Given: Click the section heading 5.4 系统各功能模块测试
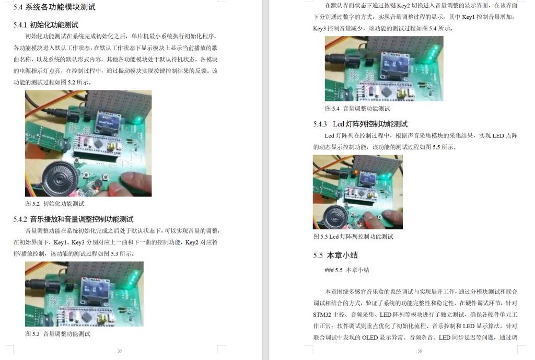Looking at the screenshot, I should point(54,7).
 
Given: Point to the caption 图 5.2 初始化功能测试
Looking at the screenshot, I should point(55,203).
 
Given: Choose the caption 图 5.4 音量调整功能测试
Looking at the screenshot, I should point(357,108).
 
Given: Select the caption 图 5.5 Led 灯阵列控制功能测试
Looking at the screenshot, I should point(353,236).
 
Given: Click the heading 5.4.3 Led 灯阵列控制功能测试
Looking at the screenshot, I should point(360,124).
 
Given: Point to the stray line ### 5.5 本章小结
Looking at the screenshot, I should point(347,270).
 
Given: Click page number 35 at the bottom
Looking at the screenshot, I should point(120,351).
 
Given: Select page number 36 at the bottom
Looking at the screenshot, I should point(420,351).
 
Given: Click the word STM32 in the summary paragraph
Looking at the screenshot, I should point(325,315).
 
